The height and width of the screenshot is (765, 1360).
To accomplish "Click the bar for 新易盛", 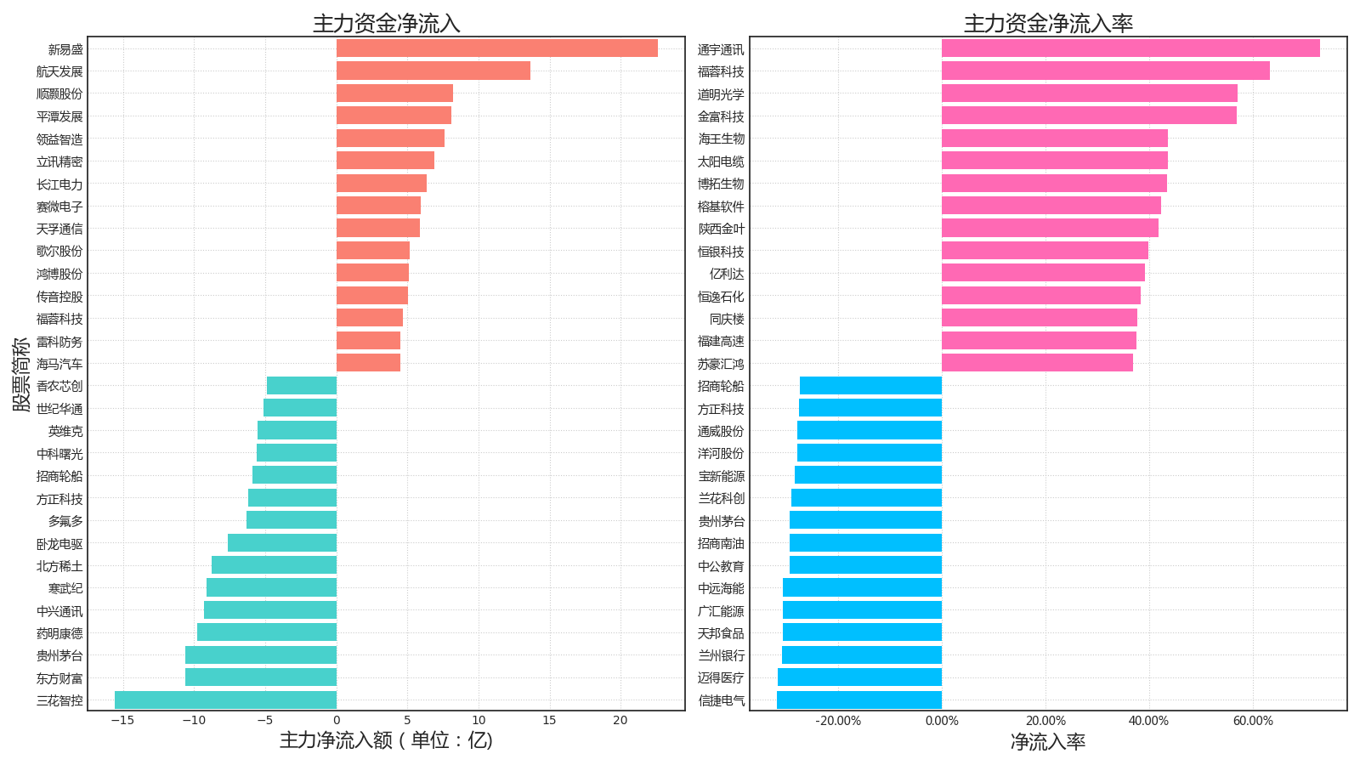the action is point(497,48).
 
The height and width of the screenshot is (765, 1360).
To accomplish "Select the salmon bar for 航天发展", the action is point(433,71).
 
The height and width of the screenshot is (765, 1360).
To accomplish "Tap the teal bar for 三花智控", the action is point(226,700).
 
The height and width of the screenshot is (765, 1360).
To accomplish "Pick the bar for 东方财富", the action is point(261,677).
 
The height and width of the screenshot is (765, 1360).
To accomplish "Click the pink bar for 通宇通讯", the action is point(1131,48).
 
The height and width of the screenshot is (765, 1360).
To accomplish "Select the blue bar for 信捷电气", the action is point(859,700).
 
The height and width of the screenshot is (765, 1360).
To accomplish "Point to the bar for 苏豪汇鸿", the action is point(1038,363).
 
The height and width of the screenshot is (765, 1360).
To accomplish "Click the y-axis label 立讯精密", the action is point(59,161).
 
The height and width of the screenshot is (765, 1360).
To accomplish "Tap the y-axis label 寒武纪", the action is point(65,588).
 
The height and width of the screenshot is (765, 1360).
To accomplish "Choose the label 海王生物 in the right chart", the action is point(721,139).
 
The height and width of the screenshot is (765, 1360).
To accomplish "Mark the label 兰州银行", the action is point(721,655).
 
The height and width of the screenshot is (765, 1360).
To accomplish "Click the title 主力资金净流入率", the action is point(1049,23).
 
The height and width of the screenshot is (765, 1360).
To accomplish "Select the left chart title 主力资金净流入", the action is point(387,23).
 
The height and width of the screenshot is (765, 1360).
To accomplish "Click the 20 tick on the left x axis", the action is point(620,721).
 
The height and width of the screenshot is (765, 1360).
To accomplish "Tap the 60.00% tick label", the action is point(1253,722).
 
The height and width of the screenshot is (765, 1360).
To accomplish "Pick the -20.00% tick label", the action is point(838,722).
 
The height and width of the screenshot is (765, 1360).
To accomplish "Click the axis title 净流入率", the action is point(1048,741).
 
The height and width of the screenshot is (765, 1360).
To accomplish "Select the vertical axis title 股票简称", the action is point(21,375).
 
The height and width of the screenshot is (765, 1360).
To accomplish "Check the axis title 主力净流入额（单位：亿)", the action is point(386,740).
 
